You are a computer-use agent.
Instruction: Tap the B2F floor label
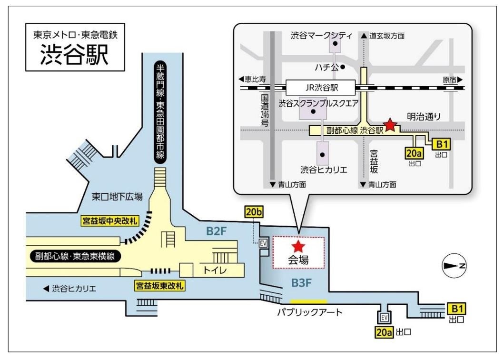pyautogui.click(x=216, y=232)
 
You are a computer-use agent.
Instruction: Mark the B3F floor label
pyautogui.click(x=301, y=283)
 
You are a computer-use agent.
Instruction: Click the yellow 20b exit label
pyautogui.click(x=253, y=212)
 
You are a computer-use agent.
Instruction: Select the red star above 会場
pyautogui.click(x=298, y=246)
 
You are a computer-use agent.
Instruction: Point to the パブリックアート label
pyautogui.click(x=310, y=312)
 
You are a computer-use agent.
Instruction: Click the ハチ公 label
pyautogui.click(x=328, y=67)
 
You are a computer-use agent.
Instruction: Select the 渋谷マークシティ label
pyautogui.click(x=322, y=35)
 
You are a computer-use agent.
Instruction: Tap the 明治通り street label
pyautogui.click(x=424, y=115)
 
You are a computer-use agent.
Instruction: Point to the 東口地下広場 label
pyautogui.click(x=117, y=196)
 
